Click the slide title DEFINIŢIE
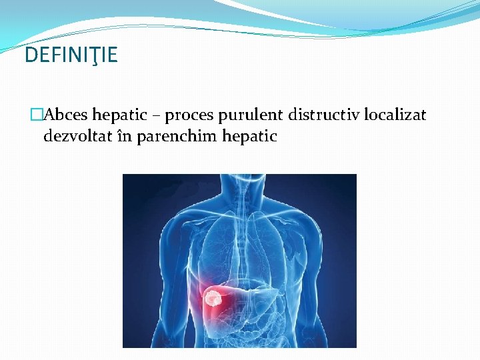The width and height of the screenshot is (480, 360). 71,55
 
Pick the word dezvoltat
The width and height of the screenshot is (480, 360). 75,137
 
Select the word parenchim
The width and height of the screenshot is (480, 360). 171,137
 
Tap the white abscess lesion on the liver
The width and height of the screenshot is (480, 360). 213,297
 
